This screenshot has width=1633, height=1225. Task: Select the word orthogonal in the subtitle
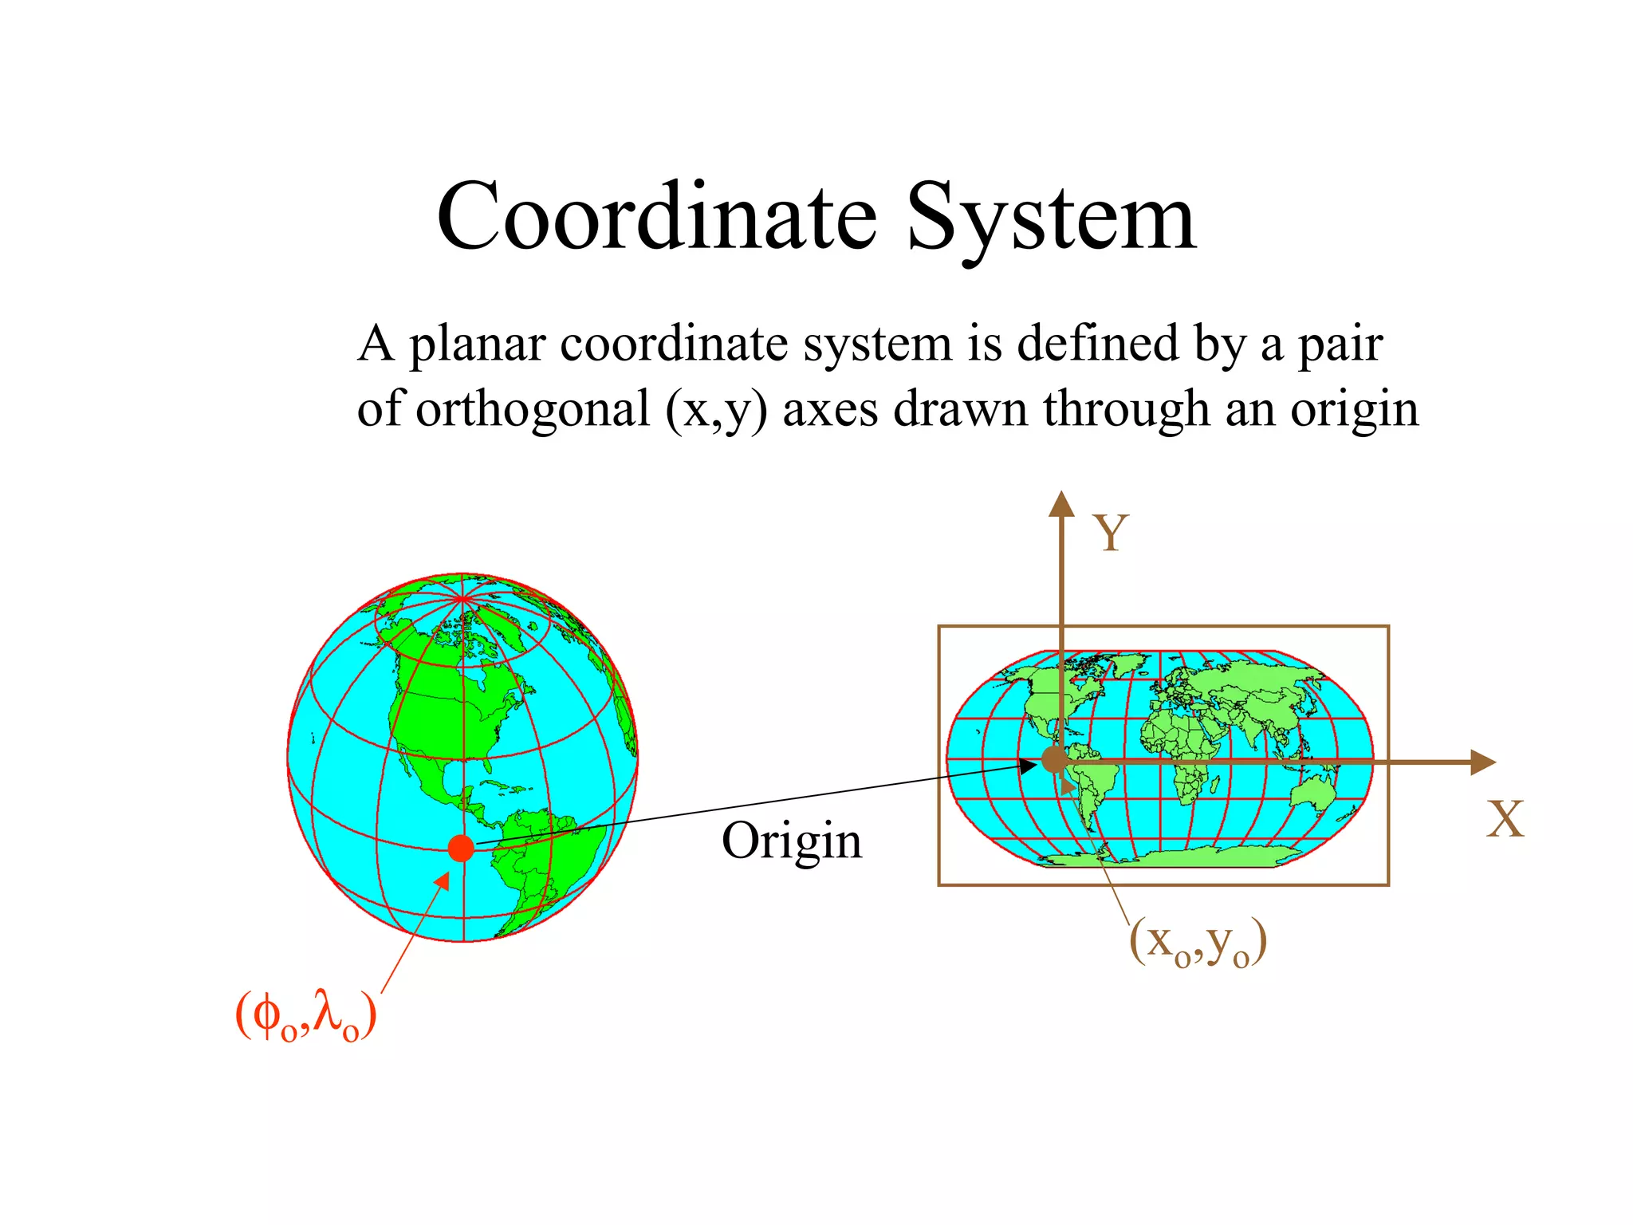[x=533, y=409]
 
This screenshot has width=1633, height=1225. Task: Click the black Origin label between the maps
[x=792, y=841]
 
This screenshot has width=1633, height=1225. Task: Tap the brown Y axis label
[x=1111, y=533]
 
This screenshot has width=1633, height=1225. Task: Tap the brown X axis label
[x=1505, y=819]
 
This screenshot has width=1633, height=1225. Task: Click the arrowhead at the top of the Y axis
[x=1061, y=505]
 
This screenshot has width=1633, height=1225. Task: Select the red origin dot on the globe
[x=462, y=848]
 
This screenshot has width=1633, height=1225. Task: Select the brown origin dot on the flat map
[x=1055, y=759]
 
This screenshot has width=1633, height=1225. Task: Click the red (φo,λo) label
[x=306, y=1015]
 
